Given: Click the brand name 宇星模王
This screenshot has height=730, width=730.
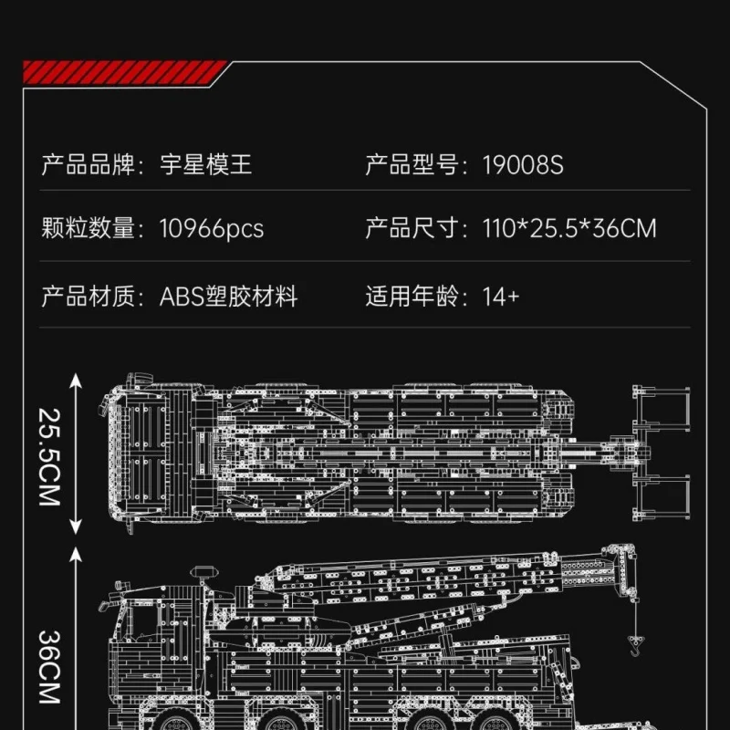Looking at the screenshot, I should [x=206, y=165].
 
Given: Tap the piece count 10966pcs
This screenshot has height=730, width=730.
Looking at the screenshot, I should [x=212, y=228].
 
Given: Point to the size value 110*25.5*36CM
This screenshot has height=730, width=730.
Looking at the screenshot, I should [x=569, y=228].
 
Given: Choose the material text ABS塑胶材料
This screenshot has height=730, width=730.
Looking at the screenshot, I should [x=229, y=297].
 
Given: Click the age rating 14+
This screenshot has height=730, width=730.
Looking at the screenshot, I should [x=501, y=297].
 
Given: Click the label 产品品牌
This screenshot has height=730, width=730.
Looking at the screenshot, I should [x=87, y=165].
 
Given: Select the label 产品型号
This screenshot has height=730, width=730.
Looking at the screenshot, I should [x=411, y=165].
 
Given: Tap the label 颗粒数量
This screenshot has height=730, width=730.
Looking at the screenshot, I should [x=87, y=228].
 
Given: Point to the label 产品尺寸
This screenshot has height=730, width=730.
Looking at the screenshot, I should [x=411, y=228].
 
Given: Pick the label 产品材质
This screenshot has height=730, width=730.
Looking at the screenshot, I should [x=87, y=297].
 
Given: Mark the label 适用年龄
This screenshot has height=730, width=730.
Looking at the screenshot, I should [x=411, y=297].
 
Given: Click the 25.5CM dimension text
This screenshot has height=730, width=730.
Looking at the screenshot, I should [x=50, y=455].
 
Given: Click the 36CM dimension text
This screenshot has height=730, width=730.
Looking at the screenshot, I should [x=50, y=665].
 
